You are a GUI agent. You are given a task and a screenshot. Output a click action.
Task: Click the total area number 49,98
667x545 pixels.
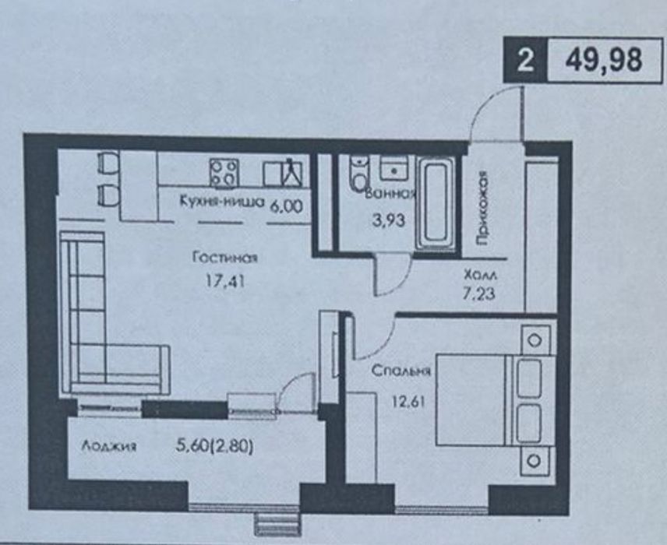point(603,61)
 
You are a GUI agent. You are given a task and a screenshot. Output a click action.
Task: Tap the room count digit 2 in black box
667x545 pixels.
point(525,61)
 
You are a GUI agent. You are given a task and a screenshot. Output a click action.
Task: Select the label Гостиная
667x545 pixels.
point(225,258)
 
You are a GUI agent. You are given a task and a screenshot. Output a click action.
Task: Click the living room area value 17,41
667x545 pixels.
point(225,281)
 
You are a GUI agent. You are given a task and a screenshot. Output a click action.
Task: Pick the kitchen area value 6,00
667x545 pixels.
point(286,206)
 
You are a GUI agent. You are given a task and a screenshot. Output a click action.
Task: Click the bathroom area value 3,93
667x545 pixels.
point(388,220)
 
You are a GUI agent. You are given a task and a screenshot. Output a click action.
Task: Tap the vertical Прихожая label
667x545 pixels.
point(482,208)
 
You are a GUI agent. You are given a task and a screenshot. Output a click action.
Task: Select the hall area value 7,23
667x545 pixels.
point(479,294)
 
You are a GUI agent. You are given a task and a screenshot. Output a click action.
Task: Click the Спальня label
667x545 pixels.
point(401,371)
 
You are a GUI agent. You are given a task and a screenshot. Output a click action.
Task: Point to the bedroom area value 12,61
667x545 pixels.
point(408,402)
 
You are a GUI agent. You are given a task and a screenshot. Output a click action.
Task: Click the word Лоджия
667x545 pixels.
point(109,446)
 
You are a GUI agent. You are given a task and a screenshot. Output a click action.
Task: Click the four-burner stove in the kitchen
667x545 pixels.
point(224,172)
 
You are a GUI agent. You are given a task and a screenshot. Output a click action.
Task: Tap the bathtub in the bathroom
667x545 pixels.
point(437,204)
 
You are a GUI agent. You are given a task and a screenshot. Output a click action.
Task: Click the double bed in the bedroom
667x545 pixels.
point(496,400)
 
